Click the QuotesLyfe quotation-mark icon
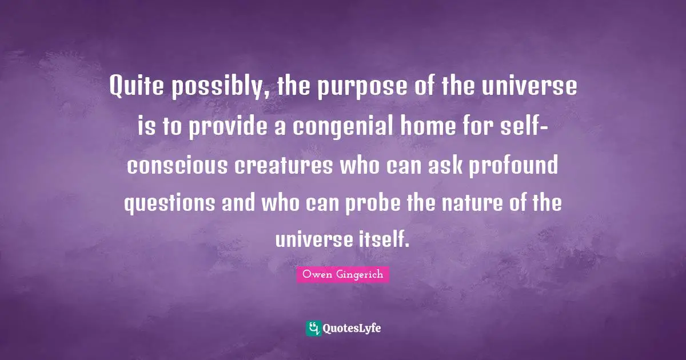(313, 328)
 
